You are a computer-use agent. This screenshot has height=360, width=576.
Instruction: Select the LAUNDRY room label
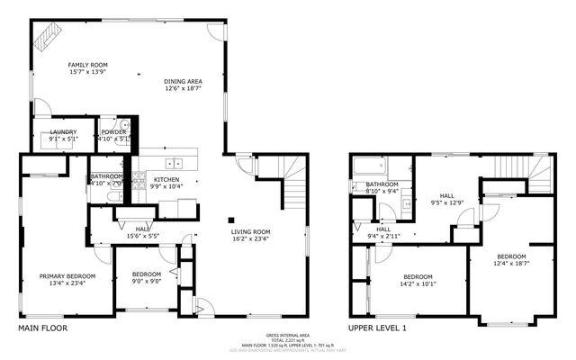(63, 131)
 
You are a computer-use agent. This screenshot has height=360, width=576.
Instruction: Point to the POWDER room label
(114, 131)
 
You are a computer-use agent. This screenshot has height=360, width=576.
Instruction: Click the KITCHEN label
(166, 179)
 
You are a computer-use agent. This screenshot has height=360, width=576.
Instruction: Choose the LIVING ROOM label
(251, 231)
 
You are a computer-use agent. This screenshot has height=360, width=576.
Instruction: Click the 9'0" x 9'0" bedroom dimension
(147, 281)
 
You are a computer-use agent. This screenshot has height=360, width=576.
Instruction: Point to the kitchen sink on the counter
(175, 163)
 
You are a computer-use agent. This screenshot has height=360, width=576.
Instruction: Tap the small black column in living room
(231, 219)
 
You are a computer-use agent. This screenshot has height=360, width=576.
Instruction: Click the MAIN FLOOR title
(42, 328)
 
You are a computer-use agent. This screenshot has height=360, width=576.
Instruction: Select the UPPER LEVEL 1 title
(378, 328)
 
